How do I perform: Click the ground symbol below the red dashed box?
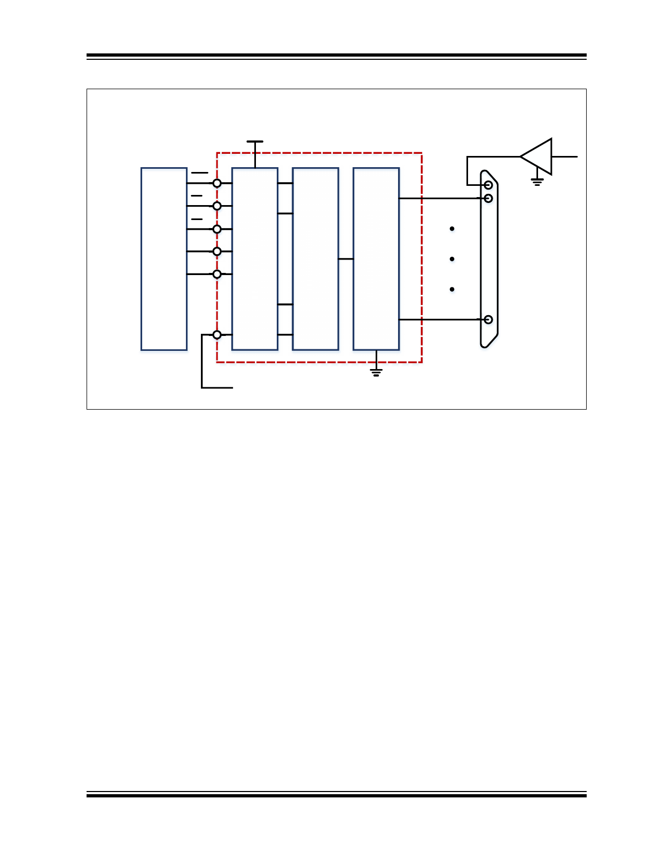376,372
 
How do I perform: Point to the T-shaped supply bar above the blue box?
255,142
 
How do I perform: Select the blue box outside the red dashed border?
163,259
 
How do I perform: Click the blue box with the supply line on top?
255,259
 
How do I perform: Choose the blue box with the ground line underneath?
376,259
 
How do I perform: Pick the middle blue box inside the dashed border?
315,259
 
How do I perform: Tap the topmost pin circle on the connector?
488,185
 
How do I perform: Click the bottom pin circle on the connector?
488,319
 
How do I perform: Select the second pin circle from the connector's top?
488,198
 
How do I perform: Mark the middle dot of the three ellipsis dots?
452,259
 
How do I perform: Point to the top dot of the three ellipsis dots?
452,229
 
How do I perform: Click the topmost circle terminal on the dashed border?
217,183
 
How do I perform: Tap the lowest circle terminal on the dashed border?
217,335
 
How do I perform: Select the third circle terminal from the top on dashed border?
217,229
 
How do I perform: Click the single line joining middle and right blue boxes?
346,259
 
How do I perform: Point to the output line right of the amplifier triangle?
564,156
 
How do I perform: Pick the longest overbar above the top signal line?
200,173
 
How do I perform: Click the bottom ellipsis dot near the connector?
452,289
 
